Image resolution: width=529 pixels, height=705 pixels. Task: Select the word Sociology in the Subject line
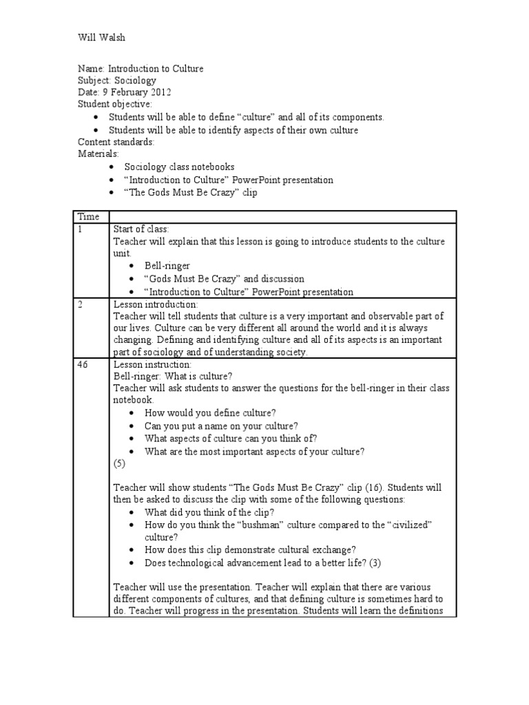point(135,81)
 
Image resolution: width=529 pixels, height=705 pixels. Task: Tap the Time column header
point(87,216)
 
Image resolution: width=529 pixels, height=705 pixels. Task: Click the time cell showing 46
point(83,364)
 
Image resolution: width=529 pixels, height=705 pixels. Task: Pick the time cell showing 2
point(80,304)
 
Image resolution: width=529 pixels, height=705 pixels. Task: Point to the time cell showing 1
point(80,229)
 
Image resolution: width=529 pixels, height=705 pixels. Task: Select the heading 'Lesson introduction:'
point(155,304)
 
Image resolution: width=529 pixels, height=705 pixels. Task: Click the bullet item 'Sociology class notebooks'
point(179,167)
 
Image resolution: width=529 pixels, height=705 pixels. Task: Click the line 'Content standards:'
point(116,142)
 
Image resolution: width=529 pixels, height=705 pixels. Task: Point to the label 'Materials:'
point(98,154)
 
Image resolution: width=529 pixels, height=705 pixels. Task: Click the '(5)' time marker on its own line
point(120,464)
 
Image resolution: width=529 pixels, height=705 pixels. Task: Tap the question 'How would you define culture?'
point(210,413)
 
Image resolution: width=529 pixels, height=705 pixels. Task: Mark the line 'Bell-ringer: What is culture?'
point(173,377)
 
